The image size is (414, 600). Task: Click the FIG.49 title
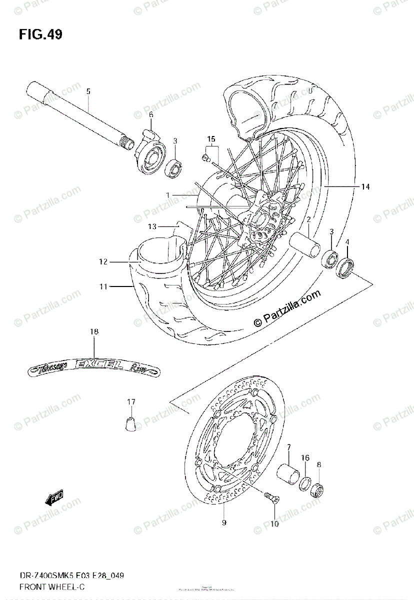(40, 34)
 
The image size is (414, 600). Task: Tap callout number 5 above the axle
(88, 91)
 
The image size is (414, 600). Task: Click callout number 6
(150, 115)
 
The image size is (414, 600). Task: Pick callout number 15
(211, 138)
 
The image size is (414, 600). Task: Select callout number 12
(103, 261)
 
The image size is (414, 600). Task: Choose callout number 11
(103, 286)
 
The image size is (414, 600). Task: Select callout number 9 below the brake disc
(224, 523)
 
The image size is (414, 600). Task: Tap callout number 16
(304, 457)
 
